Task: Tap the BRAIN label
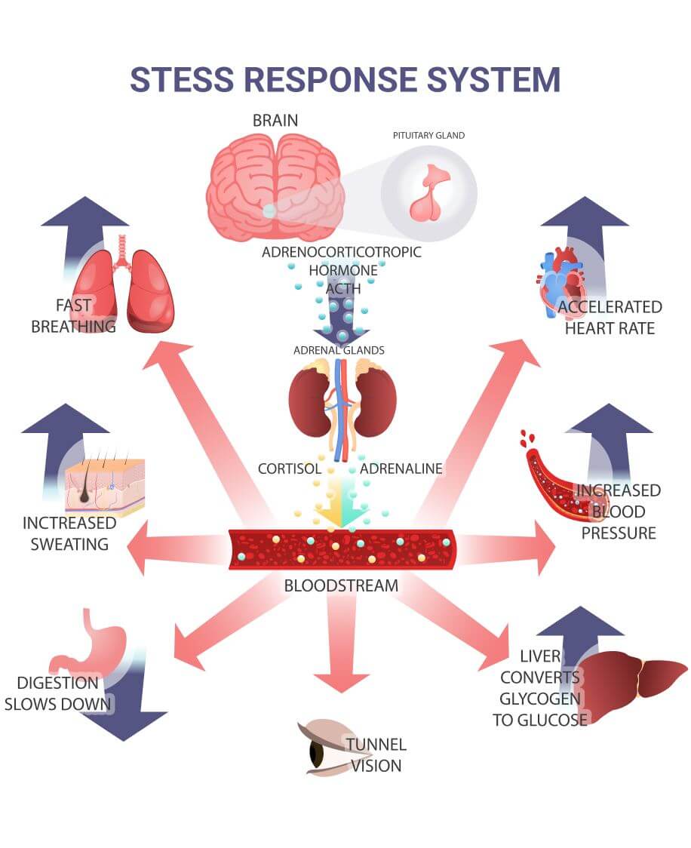(275, 120)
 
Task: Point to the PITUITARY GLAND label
(428, 136)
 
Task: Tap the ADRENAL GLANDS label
(339, 350)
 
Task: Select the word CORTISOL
(290, 469)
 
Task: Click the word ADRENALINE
(401, 469)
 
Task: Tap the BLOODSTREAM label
(341, 585)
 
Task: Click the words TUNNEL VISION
(376, 754)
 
